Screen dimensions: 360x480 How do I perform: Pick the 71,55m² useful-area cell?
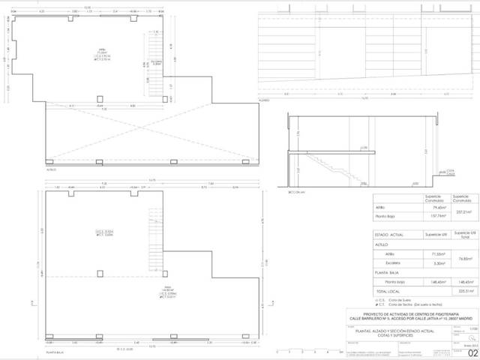(436, 254)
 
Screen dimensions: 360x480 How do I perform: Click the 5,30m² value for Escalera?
(436, 264)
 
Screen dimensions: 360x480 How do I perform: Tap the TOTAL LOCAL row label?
(390, 292)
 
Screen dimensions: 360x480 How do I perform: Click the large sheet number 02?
(472, 353)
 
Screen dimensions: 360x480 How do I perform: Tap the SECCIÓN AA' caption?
(298, 193)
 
